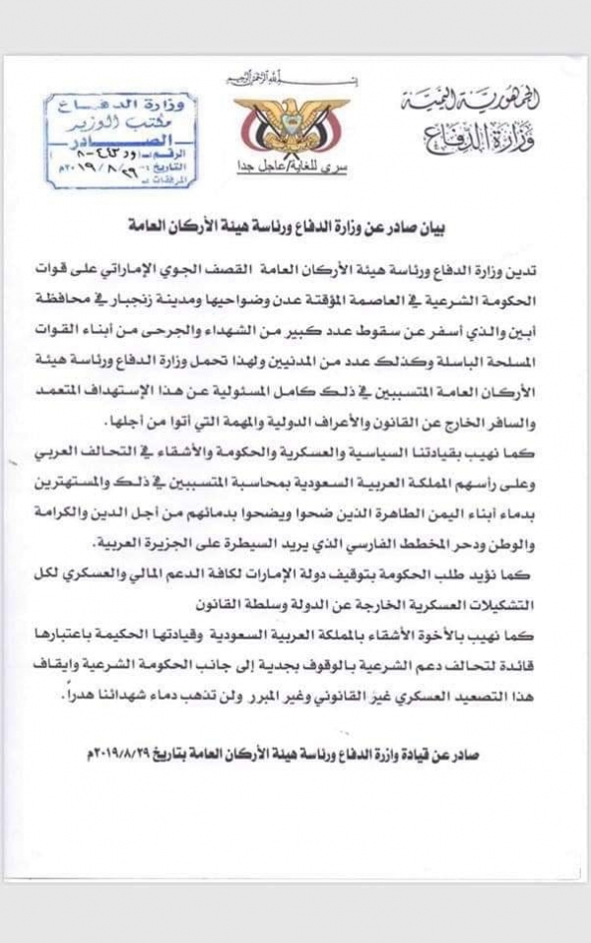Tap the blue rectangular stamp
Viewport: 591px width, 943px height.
click(x=120, y=139)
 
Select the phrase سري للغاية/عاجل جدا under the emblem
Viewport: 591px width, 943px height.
click(x=291, y=165)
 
